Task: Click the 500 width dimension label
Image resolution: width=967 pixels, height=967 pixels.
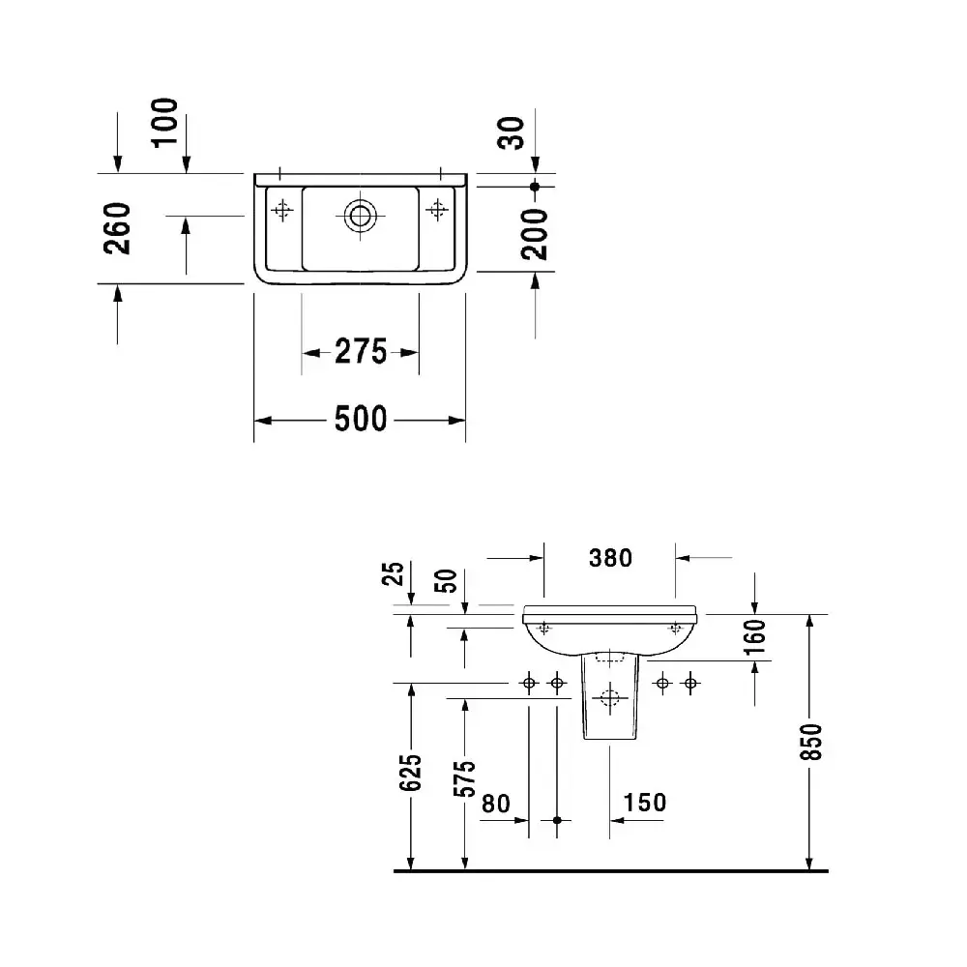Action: tap(361, 420)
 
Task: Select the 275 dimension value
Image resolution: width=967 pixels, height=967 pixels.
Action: tap(361, 352)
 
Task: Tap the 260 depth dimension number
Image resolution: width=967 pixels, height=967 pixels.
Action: tap(117, 228)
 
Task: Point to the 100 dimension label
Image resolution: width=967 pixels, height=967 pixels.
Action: tap(164, 122)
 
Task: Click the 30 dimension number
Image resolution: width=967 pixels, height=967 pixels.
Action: tap(511, 132)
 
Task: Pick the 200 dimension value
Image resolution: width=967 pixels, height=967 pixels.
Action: tap(534, 234)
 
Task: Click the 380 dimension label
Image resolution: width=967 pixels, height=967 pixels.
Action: tap(610, 558)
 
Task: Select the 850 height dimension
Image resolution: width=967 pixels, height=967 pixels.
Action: tap(812, 742)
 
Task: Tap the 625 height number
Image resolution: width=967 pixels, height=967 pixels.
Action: tap(410, 772)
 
